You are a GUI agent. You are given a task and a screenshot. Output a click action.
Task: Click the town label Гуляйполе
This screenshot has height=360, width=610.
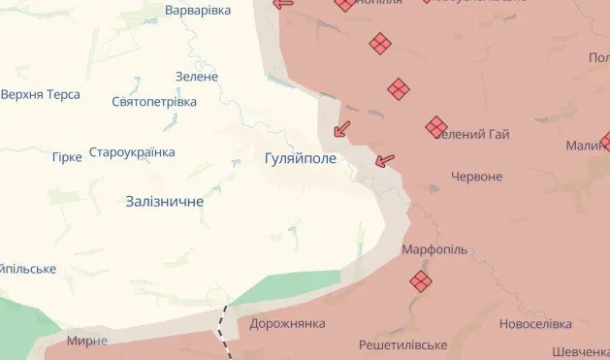(300, 157)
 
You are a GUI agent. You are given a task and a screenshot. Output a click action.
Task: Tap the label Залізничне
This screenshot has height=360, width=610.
(165, 201)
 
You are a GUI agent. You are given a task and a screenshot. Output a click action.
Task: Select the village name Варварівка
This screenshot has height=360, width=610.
(198, 10)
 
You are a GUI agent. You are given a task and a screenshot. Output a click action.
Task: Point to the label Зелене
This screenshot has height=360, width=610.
(197, 77)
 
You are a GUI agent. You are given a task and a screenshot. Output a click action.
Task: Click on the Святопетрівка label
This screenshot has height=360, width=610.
(154, 102)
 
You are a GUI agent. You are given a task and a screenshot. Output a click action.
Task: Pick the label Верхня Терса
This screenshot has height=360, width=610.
(40, 95)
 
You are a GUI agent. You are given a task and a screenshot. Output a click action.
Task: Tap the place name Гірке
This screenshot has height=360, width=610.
(67, 156)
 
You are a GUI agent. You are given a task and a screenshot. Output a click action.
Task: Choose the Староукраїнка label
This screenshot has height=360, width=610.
(132, 152)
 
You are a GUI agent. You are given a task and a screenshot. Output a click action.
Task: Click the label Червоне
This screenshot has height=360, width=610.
(477, 177)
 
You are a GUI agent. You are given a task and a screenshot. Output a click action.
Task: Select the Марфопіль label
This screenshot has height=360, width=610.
(434, 249)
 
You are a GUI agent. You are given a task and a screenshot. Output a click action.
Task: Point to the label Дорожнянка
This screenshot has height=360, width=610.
(287, 323)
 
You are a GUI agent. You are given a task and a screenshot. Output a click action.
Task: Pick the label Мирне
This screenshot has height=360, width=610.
(87, 341)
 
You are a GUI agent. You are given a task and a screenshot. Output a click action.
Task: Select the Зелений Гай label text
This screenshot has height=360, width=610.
(475, 134)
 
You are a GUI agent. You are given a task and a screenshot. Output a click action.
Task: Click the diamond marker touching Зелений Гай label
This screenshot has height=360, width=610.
(436, 126)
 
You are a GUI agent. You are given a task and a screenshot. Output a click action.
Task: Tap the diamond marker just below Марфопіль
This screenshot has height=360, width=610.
(421, 281)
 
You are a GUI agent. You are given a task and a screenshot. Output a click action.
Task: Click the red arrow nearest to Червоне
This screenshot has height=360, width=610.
(385, 159)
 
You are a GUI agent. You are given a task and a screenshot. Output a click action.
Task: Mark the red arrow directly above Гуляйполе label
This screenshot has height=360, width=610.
(341, 128)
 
